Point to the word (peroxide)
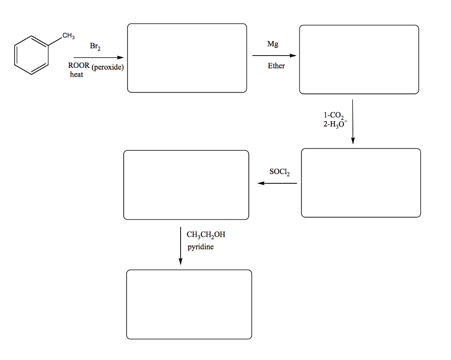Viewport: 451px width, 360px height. [x=107, y=67]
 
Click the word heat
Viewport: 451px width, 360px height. [x=76, y=75]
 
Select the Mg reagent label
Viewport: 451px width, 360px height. [x=273, y=45]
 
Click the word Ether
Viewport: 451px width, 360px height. [x=276, y=66]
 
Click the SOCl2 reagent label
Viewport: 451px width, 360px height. [x=280, y=172]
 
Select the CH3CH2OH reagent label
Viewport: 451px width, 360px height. [x=206, y=235]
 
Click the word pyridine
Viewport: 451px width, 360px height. [x=200, y=247]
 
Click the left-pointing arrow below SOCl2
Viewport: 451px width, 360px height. [x=277, y=183]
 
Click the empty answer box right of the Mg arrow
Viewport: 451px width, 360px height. [x=359, y=59]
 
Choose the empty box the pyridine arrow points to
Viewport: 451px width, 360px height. [x=189, y=304]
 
